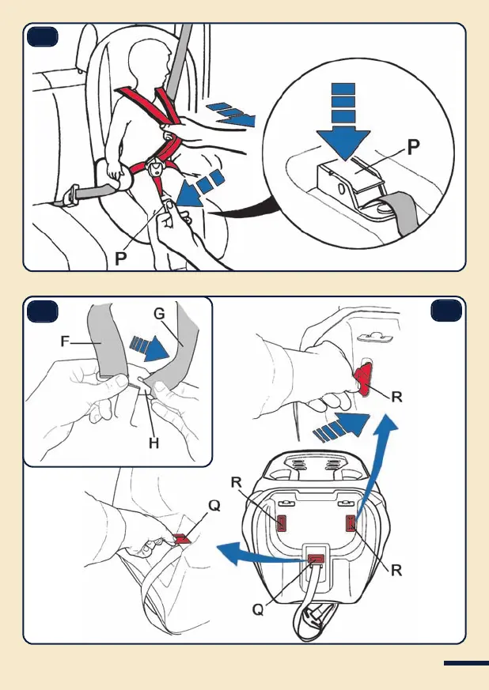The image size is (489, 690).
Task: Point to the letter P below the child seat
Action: pos(119,258)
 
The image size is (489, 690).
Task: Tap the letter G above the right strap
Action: pos(158,315)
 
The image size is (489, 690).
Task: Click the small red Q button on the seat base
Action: pos(316,561)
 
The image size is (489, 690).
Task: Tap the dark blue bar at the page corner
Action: pos(465,663)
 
